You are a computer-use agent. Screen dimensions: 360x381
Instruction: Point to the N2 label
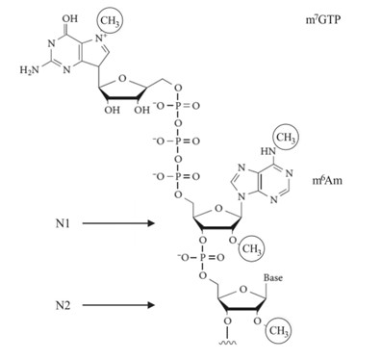[65, 306]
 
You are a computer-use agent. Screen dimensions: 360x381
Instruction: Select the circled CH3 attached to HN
[287, 140]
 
